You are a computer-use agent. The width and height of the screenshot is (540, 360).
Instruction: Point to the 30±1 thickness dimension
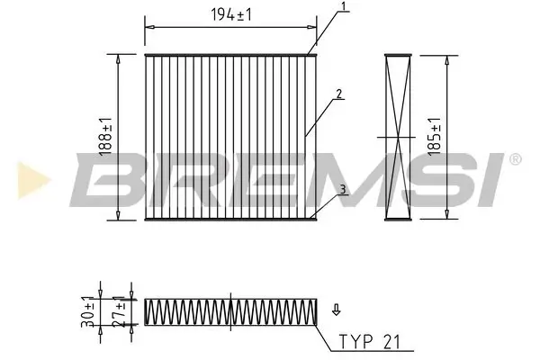pos(89,310)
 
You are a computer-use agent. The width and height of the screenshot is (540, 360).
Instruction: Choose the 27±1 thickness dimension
pos(117,310)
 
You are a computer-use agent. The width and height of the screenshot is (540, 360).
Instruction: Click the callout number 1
pos(343,9)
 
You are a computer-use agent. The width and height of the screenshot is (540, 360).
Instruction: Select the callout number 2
pos(339,93)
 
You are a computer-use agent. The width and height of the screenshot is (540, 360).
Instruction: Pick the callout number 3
pos(342,188)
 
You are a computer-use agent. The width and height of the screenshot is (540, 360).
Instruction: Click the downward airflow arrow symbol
pos(336,310)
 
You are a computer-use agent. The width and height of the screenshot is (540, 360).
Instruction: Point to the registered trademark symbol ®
pos(514,159)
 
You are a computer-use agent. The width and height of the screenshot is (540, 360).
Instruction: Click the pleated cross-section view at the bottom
pos(230,310)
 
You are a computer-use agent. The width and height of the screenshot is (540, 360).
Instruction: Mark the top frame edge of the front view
pos(230,55)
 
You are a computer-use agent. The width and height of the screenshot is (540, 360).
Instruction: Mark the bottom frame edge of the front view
pos(230,218)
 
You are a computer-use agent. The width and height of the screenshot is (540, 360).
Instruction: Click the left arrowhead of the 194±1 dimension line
pos(148,24)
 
